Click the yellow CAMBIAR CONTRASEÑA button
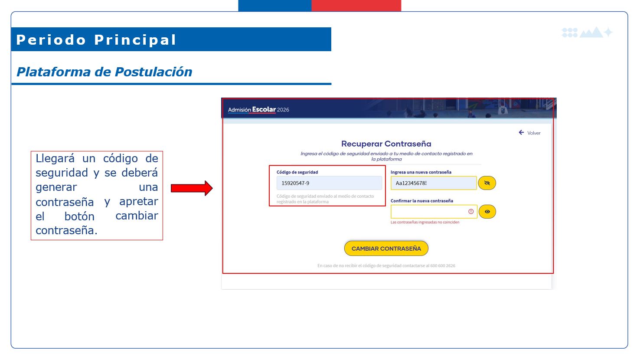(x=386, y=248)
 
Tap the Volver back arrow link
(x=529, y=133)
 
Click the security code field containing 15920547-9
(x=329, y=183)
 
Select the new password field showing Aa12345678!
(x=434, y=183)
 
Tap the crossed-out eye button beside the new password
(x=487, y=183)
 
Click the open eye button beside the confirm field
(x=487, y=212)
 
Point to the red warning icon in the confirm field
(x=471, y=211)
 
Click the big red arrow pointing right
(x=192, y=188)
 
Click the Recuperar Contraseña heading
(x=386, y=144)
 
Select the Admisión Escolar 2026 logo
(x=258, y=110)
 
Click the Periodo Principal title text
(x=96, y=40)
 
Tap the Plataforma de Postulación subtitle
(x=104, y=72)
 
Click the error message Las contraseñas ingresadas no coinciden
(x=425, y=222)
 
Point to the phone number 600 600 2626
(x=443, y=266)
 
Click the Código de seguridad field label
(x=297, y=172)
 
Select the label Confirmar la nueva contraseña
(x=422, y=201)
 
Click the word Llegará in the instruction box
(x=55, y=159)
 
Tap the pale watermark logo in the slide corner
(x=587, y=32)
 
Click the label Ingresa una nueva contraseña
(x=421, y=172)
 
